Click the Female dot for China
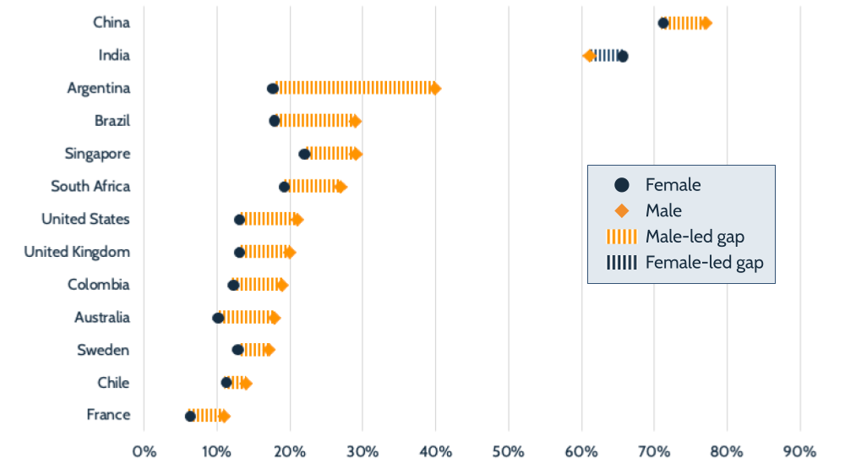663,23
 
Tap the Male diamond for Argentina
435,88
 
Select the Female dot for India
623,56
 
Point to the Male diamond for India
589,56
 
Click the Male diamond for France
224,415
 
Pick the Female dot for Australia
218,318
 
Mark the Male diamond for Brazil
356,121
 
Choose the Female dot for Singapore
304,154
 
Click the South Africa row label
90,186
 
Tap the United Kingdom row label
77,252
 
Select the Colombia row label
99,285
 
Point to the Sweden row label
103,350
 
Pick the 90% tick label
799,449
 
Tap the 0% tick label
144,449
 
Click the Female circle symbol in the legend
621,184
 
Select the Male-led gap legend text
695,237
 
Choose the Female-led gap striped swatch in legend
621,263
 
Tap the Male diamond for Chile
246,383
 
